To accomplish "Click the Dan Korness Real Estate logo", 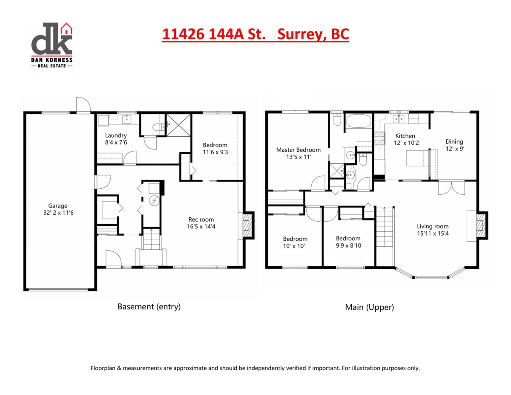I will [x=52, y=45].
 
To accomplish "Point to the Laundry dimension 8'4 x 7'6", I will [x=116, y=143].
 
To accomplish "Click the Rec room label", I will [x=198, y=219].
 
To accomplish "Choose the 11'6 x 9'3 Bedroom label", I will [x=215, y=145].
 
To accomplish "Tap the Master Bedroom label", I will [x=298, y=150].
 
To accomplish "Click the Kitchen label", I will [x=405, y=136].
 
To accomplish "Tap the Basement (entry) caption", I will [x=149, y=306].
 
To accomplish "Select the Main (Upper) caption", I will [x=369, y=307].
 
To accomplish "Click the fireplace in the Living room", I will [x=480, y=226].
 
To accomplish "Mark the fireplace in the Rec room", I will [x=247, y=225].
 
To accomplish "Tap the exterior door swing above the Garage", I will [x=83, y=105].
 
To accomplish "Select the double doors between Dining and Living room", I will [x=451, y=187].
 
